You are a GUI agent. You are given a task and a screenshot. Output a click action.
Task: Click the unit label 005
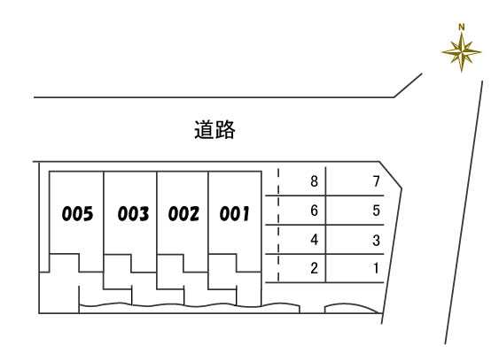point(77,213)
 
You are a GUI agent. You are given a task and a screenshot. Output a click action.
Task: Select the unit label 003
point(133,213)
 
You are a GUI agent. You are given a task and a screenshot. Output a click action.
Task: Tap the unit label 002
point(183,213)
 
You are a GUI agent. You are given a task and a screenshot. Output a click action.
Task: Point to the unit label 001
point(235,213)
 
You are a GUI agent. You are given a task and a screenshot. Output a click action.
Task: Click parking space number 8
point(314,181)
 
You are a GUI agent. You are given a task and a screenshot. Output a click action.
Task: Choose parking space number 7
point(377,181)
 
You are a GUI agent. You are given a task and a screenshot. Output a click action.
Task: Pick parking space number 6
point(314,211)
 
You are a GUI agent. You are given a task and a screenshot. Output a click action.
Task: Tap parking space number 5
point(377,211)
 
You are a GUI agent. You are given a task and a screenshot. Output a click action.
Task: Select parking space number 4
point(314,240)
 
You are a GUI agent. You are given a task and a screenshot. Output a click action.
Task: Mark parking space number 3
point(377,241)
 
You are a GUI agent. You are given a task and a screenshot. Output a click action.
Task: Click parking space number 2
point(314,268)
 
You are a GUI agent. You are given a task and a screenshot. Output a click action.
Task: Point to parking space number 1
point(377,268)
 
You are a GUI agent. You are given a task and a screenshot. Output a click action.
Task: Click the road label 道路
point(214,130)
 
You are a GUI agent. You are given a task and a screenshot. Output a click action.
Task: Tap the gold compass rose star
point(462,51)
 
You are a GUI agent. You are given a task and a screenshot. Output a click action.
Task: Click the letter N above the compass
point(462,27)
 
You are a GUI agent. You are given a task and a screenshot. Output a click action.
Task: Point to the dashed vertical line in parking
point(278,225)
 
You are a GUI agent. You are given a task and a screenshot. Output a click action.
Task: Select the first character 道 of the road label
point(205,130)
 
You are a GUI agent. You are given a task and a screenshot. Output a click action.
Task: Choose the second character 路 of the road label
point(225,130)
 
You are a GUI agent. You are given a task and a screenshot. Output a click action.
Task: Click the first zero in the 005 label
point(66,213)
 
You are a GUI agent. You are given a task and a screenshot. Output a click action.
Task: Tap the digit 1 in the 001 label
point(246,213)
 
